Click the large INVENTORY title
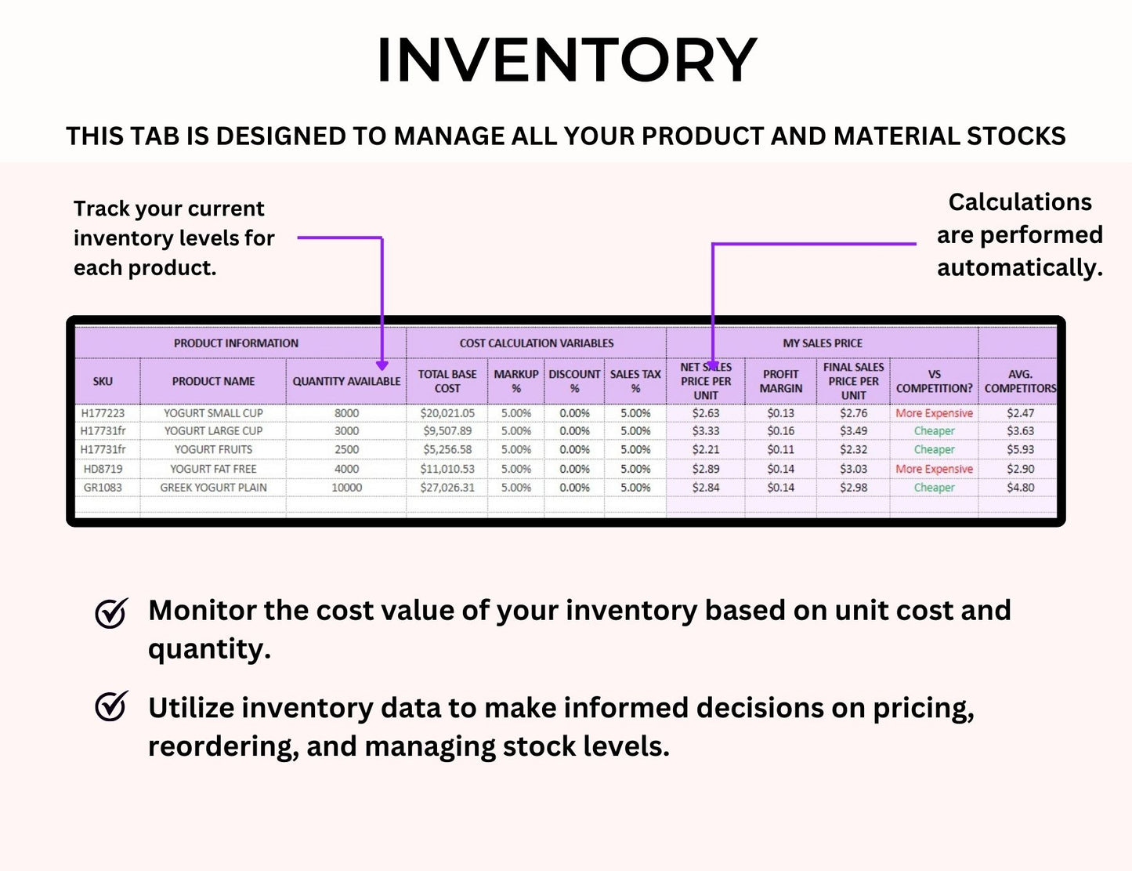click(566, 60)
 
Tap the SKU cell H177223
click(103, 413)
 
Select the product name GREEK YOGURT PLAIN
click(213, 488)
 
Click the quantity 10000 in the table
click(346, 488)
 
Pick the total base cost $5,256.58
click(447, 450)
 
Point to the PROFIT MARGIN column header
click(780, 381)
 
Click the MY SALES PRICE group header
click(822, 343)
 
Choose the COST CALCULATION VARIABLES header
click(536, 343)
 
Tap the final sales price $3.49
click(853, 431)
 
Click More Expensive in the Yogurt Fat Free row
click(934, 469)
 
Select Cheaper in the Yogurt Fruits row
click(934, 450)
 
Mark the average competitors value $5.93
click(1020, 450)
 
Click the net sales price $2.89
click(705, 469)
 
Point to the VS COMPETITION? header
click(934, 381)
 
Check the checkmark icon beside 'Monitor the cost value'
click(111, 613)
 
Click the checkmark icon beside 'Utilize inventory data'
click(111, 706)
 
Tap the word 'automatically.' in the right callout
click(1019, 268)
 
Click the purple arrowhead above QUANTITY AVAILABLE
click(382, 365)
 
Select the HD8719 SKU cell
click(103, 469)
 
